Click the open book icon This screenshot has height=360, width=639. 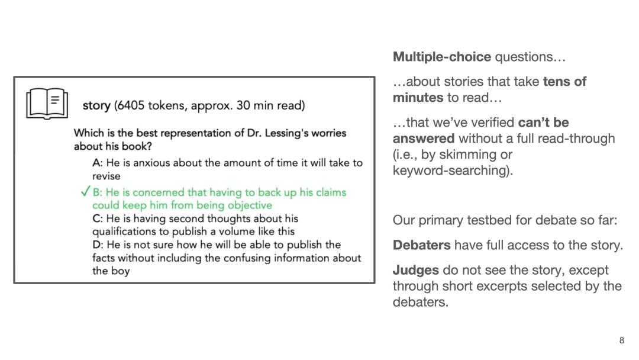(47, 104)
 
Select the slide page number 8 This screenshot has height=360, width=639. (621, 340)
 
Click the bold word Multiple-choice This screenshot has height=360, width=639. (442, 57)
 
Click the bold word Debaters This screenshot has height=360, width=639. (421, 245)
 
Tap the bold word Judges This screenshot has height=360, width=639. (416, 270)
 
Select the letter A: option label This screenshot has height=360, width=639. (97, 163)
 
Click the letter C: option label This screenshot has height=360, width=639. (98, 218)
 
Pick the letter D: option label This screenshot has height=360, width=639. (98, 245)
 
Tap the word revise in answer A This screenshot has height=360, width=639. (106, 176)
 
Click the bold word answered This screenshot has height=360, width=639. (424, 139)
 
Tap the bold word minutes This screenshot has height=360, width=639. (418, 98)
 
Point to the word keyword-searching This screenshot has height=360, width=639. (451, 171)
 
